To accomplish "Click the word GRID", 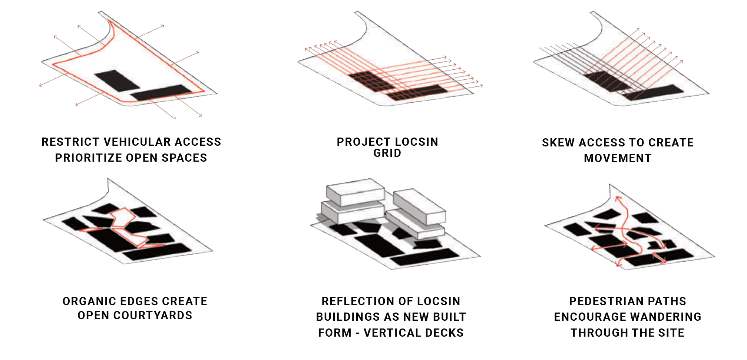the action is pyautogui.click(x=387, y=153).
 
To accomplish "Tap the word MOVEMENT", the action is pyautogui.click(x=618, y=158).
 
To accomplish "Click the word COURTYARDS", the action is pyautogui.click(x=153, y=316).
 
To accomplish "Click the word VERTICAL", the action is pyautogui.click(x=392, y=333).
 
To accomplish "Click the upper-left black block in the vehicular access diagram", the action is pyautogui.click(x=117, y=80).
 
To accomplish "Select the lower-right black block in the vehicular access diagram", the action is pyautogui.click(x=161, y=92).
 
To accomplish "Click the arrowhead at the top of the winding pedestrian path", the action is pyautogui.click(x=618, y=199).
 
